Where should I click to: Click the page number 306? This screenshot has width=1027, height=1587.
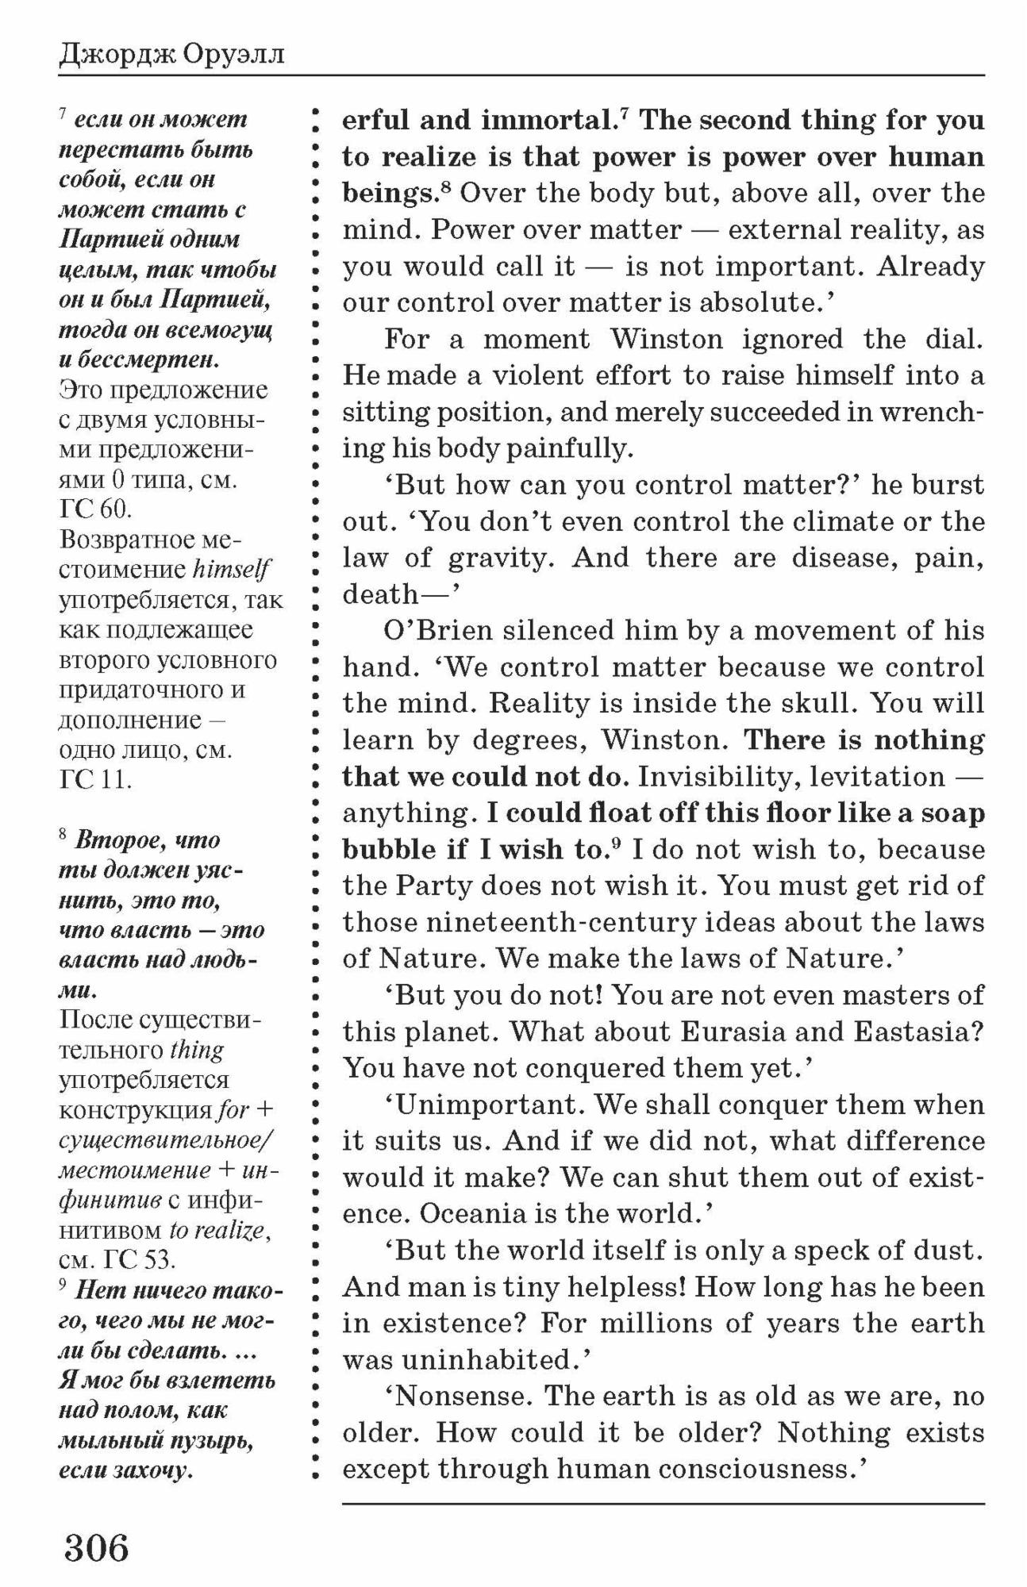coord(96,1547)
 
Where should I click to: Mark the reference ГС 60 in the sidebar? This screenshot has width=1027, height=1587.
coord(86,510)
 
